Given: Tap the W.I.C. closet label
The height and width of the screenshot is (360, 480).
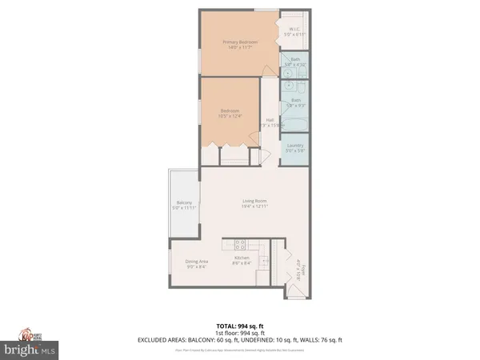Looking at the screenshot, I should (x=295, y=32).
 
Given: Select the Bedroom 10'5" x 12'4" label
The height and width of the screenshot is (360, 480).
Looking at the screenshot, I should (x=230, y=114).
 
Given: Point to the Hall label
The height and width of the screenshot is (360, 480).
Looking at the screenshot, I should (x=270, y=122).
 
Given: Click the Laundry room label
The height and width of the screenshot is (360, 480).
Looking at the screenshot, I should (x=295, y=147).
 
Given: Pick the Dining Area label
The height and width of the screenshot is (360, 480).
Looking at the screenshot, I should (x=197, y=265).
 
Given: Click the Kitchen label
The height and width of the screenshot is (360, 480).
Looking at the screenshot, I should (x=242, y=260).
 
